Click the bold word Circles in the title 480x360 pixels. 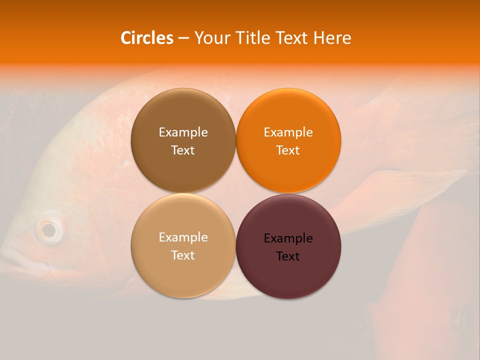tap(147, 38)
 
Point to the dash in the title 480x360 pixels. tap(183, 38)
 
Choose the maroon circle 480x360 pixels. tap(288, 272)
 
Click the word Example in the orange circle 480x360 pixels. tap(288, 132)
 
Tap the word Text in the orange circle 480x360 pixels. tap(288, 150)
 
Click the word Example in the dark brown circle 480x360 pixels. tap(183, 132)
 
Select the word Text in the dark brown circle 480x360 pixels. tap(183, 150)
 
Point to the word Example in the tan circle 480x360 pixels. tap(183, 237)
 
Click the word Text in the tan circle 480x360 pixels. tap(183, 255)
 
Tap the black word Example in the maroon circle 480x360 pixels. tap(288, 238)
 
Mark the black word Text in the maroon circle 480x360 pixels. tap(288, 256)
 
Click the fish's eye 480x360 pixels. tap(49, 229)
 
